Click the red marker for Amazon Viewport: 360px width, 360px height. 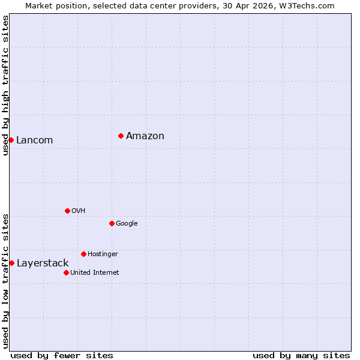pos(121,136)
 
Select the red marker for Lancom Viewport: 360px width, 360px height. pos(11,140)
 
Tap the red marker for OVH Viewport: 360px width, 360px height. pos(67,211)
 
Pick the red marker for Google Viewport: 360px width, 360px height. pos(112,223)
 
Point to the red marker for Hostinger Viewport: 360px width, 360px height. pos(83,254)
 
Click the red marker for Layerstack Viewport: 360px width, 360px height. pos(11,263)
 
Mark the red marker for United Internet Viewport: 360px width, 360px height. pos(66,272)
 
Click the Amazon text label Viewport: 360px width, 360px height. pos(145,136)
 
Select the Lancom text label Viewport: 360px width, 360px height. pos(35,140)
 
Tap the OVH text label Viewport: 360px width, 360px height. pos(79,211)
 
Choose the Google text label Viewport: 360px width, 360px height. pos(127,224)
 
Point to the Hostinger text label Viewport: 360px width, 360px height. pos(103,254)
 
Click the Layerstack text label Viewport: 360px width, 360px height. pos(43,263)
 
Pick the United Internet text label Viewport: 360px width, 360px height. pos(95,273)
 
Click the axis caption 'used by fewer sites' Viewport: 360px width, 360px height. pos(62,355)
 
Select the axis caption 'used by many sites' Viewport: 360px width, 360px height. pos(301,355)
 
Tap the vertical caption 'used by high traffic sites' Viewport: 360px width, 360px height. pos(5,85)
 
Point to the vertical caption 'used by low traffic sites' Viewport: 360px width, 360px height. pos(5,281)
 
